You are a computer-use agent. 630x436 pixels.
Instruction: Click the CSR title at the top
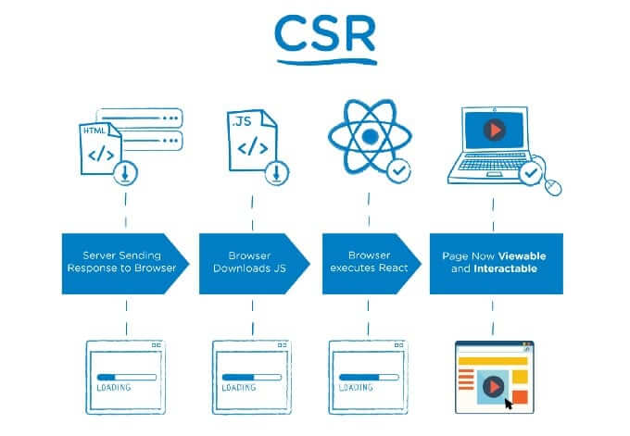click(325, 33)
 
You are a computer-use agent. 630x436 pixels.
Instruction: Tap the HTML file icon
click(100, 148)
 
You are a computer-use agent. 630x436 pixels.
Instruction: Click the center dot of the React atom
click(370, 136)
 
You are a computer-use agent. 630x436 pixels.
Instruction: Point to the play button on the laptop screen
click(494, 131)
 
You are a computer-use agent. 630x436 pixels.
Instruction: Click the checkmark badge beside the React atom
click(398, 170)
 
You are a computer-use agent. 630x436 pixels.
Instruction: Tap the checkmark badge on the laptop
click(531, 173)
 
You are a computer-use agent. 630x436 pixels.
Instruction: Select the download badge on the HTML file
click(125, 173)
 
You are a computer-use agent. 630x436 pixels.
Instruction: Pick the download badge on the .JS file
click(277, 173)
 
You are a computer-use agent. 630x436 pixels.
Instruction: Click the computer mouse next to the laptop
click(553, 187)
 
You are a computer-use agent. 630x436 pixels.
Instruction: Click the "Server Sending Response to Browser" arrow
click(125, 264)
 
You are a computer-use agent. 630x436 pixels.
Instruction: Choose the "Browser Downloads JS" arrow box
click(255, 264)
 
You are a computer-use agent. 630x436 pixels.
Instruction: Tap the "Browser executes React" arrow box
click(372, 264)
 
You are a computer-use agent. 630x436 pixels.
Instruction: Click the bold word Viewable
click(522, 256)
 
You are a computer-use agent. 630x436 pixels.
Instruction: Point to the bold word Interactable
click(506, 268)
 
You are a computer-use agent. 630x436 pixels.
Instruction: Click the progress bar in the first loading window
click(127, 378)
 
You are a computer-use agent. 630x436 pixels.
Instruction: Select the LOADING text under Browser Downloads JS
click(239, 388)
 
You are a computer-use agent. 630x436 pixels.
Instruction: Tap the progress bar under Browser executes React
click(369, 378)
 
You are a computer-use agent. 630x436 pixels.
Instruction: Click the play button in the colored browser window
click(493, 387)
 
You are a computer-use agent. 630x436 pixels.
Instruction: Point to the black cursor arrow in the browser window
click(509, 404)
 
